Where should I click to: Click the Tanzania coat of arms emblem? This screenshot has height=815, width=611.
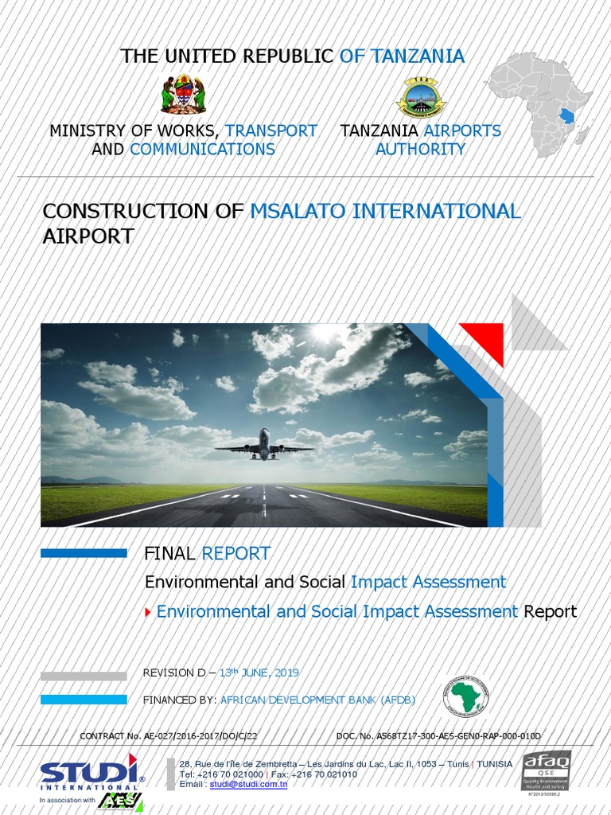(x=183, y=95)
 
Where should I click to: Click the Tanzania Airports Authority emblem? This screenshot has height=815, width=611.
(x=421, y=99)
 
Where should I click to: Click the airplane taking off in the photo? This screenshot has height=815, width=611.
(x=264, y=445)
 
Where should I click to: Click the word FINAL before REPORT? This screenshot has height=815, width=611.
(x=170, y=553)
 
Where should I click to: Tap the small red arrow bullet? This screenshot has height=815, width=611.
(x=147, y=612)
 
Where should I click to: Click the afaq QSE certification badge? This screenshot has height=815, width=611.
(x=546, y=770)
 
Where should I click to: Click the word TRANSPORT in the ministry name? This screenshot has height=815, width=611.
(x=270, y=131)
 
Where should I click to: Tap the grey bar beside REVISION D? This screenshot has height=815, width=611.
(x=84, y=676)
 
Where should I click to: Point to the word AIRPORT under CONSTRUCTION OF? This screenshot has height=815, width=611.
(x=88, y=236)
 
